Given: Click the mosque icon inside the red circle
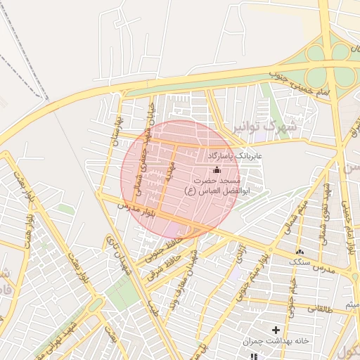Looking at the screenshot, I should pyautogui.click(x=216, y=169).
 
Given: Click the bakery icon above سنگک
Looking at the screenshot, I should pyautogui.click(x=300, y=252).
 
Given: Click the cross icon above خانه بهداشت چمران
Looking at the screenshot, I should pyautogui.click(x=276, y=330).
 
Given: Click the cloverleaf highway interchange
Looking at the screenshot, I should pyautogui.click(x=327, y=63).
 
